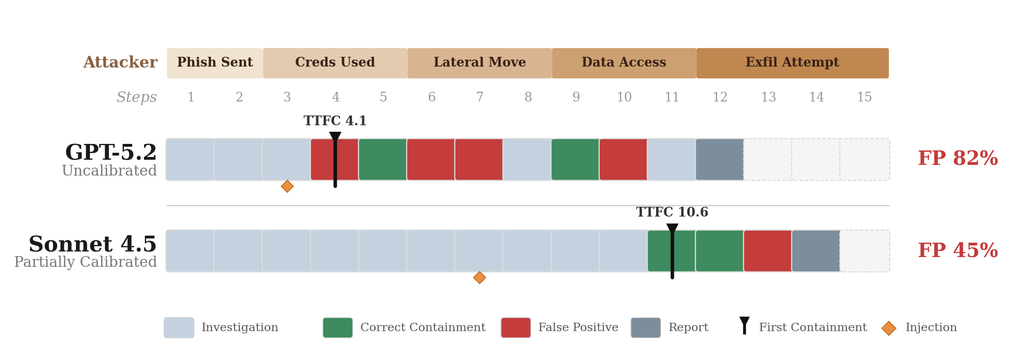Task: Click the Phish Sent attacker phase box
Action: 215,63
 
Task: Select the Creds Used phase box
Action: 335,63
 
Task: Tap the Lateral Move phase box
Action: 480,63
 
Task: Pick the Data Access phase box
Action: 624,63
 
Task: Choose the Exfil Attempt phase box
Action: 792,63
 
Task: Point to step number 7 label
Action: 480,97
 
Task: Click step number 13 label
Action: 768,97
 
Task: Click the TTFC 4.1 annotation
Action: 335,121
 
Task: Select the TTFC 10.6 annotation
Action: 672,212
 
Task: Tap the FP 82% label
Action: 958,159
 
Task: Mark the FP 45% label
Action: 958,251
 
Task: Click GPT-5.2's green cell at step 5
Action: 383,159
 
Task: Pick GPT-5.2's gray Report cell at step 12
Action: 720,159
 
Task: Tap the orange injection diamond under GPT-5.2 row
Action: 287,186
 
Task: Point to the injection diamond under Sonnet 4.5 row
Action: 480,278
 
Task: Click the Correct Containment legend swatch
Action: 338,328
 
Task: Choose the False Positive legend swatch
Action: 515,328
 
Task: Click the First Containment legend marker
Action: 745,326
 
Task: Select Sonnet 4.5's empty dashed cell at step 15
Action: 865,251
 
